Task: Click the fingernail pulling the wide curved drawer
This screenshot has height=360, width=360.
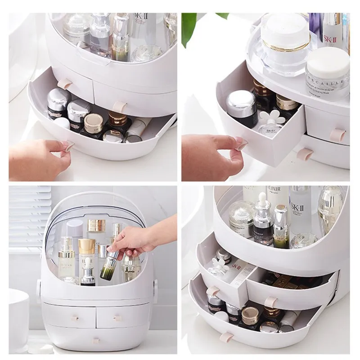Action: point(69,145)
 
